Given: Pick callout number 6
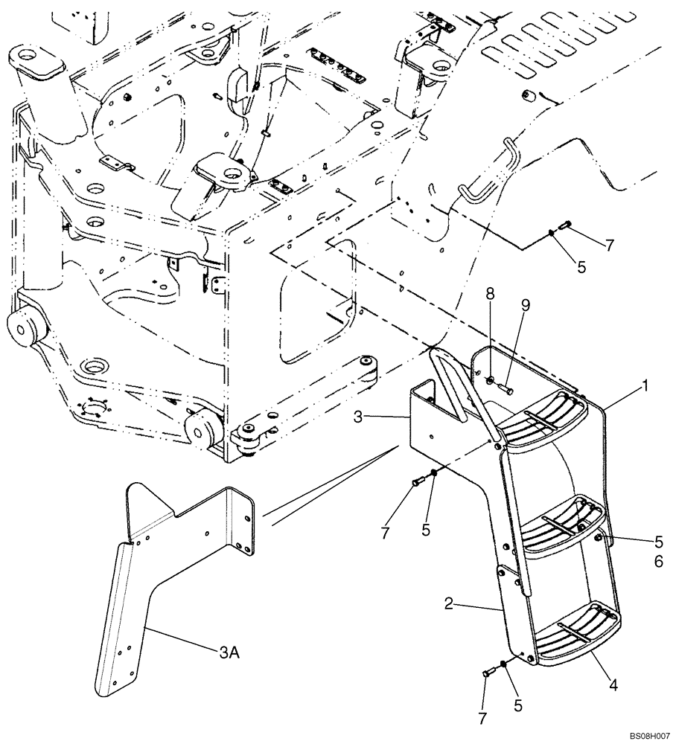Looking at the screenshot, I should point(658,562).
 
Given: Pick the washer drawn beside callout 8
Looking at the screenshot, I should point(490,382).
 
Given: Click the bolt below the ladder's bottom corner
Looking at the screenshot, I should point(489,672).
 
